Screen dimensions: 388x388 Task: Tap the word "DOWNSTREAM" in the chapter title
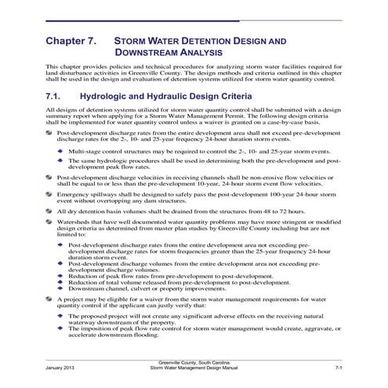pos(149,53)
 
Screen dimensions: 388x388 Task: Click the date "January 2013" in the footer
pos(61,366)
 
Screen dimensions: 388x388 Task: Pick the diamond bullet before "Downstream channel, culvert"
pos(62,287)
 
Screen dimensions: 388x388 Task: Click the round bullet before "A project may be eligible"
pos(53,299)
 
